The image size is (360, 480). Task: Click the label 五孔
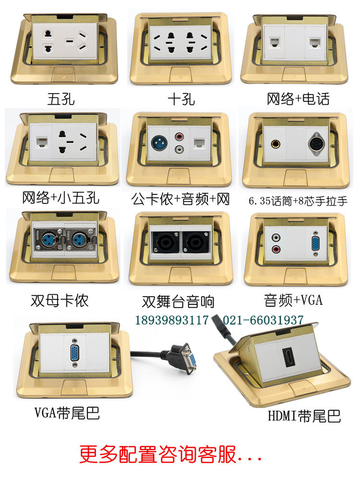point(61,99)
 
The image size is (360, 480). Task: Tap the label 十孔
point(181,99)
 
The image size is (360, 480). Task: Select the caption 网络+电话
point(298,99)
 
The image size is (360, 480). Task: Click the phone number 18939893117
point(172,320)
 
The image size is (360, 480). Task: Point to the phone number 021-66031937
point(263,320)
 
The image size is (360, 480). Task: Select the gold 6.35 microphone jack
point(275,143)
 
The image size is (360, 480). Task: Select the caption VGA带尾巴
point(67,412)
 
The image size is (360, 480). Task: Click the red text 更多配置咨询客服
point(158,454)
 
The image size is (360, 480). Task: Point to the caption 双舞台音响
point(178,301)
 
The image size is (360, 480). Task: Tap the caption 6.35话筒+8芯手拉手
point(298,201)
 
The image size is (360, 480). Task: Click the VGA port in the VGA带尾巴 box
point(74,353)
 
